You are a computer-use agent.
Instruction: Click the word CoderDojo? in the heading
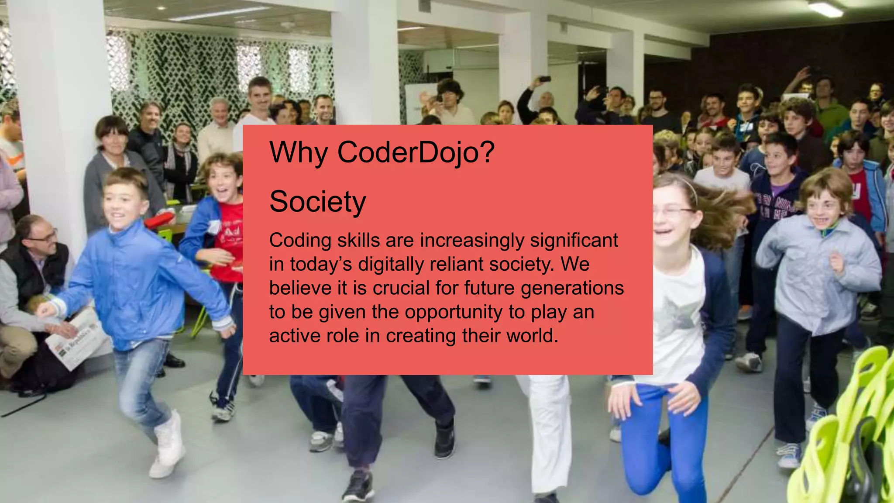(416, 152)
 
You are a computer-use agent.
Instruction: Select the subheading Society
(317, 202)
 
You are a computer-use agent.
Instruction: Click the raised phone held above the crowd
(545, 79)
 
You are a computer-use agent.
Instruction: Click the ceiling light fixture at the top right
(825, 9)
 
